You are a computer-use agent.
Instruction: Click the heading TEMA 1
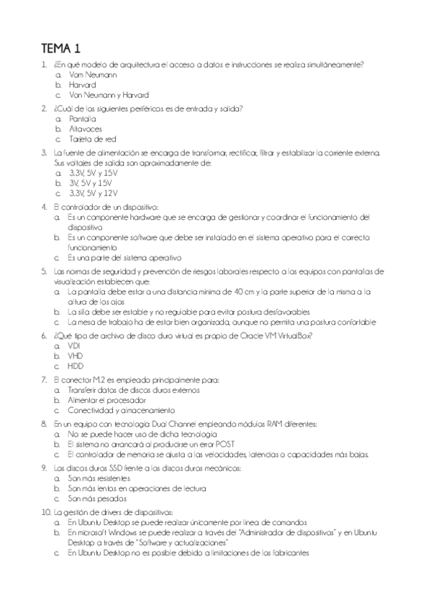click(61, 49)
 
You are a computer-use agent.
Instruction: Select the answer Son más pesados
click(97, 498)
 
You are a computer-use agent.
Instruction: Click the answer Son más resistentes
click(99, 478)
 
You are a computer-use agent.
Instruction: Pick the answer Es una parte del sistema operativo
click(124, 256)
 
